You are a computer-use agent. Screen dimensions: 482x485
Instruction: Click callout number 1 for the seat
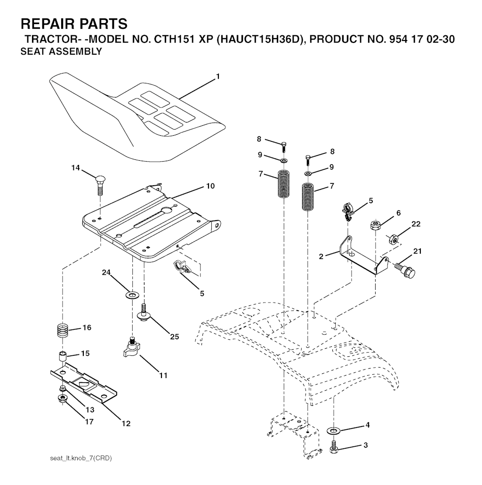[x=218, y=76]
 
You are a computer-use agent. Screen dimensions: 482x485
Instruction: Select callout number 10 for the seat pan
[x=210, y=186]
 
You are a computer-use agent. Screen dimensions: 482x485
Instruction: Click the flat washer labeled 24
[x=133, y=295]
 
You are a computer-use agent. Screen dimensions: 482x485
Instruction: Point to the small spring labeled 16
[x=63, y=331]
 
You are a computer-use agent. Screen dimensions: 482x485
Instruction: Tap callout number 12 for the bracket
[x=126, y=423]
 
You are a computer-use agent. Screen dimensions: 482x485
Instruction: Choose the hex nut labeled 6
[x=375, y=224]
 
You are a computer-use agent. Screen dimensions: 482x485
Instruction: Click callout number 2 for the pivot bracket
[x=321, y=256]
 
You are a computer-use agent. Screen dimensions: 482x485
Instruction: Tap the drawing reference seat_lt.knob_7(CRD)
[x=81, y=458]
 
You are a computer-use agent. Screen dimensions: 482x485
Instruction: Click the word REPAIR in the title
[x=46, y=24]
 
